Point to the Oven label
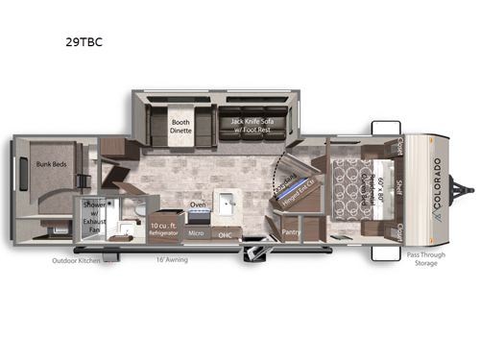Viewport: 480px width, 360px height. coord(197,204)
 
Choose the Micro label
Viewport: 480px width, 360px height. coord(196,233)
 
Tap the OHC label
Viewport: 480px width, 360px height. coord(226,234)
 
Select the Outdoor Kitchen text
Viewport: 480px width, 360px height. coord(77,259)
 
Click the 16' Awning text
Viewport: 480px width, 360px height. coord(173,259)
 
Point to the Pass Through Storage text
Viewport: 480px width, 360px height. coord(423,258)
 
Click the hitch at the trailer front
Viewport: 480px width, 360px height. coord(468,183)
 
